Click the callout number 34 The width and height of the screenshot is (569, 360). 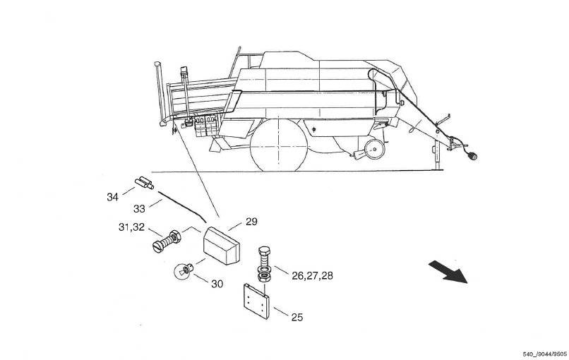coord(112,197)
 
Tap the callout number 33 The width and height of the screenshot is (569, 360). coord(139,209)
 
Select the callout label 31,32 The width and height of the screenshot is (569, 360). coord(131,227)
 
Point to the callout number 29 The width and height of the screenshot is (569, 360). coord(252,222)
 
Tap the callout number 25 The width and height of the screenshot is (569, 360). coord(297,318)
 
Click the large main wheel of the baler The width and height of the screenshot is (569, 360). coord(279,145)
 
